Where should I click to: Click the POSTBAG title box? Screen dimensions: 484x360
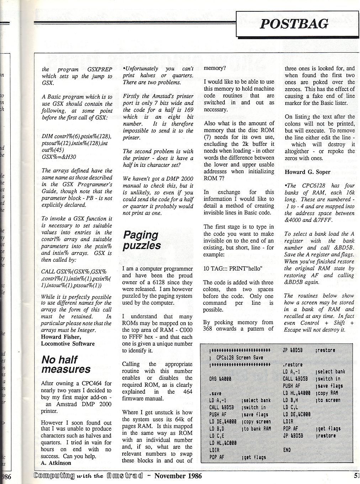[294, 24]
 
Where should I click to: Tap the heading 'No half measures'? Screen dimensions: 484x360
[66, 365]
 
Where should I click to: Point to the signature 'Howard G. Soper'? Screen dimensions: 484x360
[307, 172]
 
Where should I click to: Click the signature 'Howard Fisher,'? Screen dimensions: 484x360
[61, 337]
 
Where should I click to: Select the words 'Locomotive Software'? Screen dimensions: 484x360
[68, 344]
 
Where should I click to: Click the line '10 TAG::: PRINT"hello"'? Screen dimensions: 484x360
[232, 268]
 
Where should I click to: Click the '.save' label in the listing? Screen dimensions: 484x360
[215, 393]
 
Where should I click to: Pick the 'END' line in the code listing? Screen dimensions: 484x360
[287, 450]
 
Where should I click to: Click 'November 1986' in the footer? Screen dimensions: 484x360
[178, 476]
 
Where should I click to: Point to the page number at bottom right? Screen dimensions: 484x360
[356, 475]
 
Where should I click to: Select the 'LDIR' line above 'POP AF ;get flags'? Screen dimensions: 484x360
[215, 450]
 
